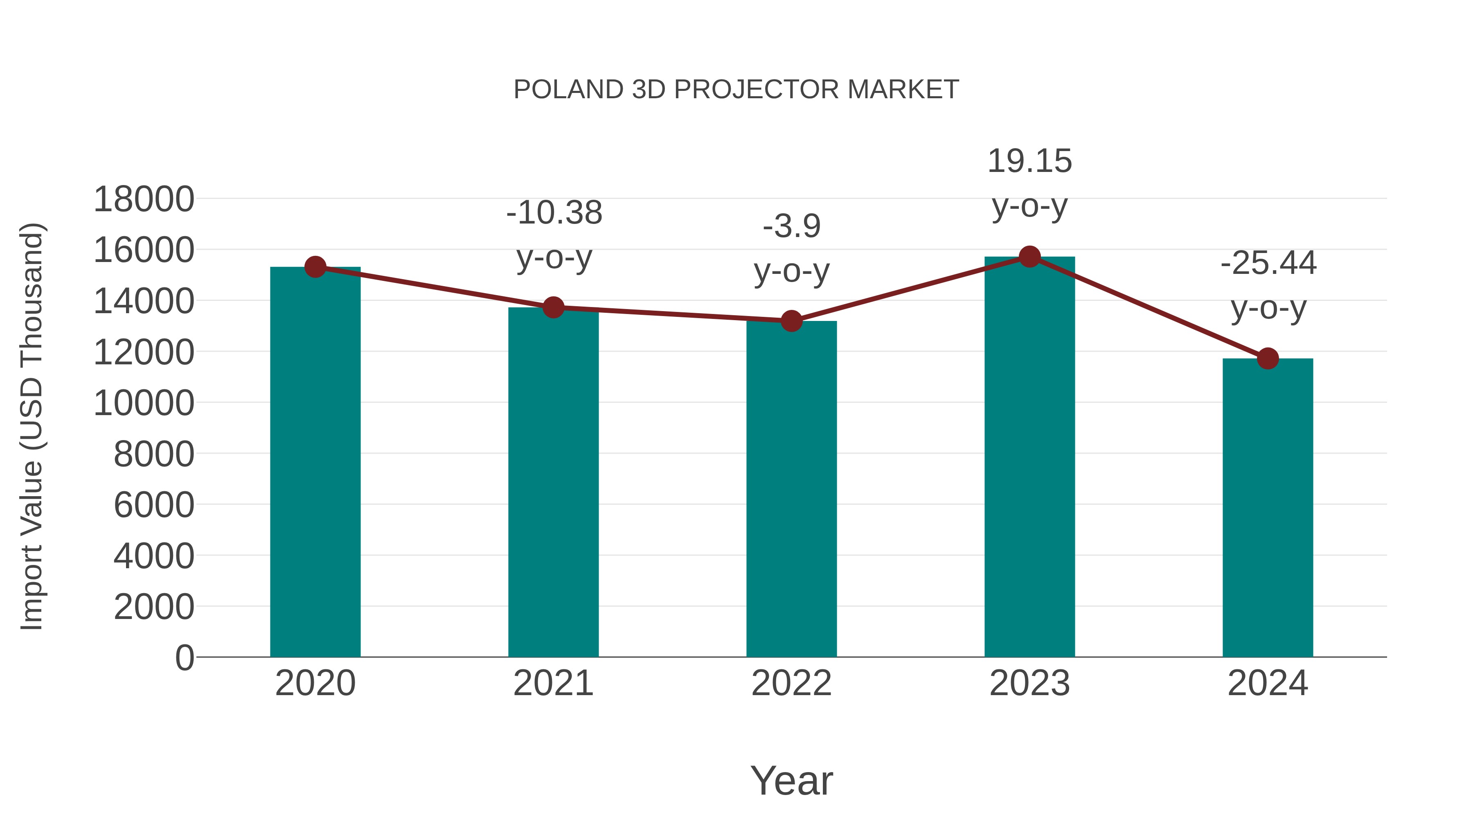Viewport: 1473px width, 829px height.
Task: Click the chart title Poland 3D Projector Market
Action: tap(736, 90)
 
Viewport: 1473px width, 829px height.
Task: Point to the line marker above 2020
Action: tap(315, 267)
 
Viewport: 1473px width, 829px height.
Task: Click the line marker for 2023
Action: tap(1029, 257)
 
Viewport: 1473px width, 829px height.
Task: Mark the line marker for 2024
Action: tap(1268, 359)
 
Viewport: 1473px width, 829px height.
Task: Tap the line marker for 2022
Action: tap(791, 321)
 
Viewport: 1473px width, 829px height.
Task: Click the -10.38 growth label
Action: tap(554, 213)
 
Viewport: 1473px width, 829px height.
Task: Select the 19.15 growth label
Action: tap(1029, 161)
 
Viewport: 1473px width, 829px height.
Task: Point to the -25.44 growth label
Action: tap(1268, 264)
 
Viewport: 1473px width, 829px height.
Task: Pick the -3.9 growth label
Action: tap(791, 226)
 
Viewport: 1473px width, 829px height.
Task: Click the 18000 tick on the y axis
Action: tap(144, 200)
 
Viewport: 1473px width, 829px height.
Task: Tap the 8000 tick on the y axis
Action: tap(154, 454)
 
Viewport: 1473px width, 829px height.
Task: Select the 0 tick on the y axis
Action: tap(185, 657)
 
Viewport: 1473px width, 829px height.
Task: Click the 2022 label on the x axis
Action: tap(791, 683)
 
